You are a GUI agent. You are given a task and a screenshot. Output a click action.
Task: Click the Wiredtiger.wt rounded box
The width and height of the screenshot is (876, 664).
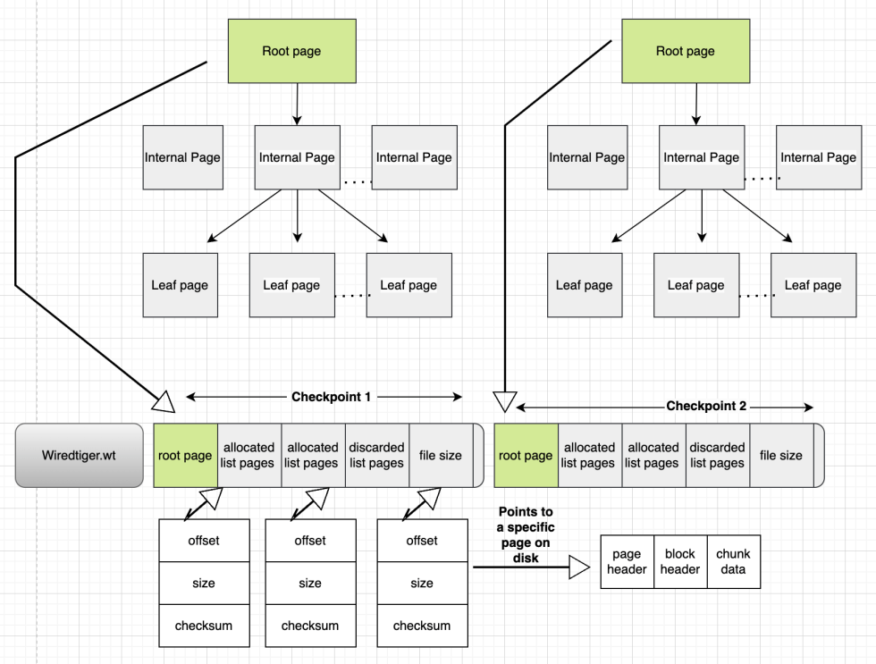[x=79, y=455]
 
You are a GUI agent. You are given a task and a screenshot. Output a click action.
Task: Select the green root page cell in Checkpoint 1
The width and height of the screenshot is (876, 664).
[x=185, y=455]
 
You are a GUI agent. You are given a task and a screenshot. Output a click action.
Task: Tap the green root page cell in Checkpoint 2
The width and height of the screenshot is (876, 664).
[x=526, y=455]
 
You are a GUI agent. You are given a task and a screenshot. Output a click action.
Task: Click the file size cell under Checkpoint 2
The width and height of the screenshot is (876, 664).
[x=780, y=455]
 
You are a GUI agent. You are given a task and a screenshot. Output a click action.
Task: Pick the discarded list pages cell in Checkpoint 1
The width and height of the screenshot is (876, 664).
[x=376, y=455]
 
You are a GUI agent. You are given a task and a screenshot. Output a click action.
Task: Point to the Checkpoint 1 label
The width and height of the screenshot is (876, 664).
[x=331, y=397]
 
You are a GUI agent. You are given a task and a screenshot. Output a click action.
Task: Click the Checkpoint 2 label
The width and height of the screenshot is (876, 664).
[x=705, y=407]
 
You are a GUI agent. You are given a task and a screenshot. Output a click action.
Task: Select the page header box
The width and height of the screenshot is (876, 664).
[x=627, y=561]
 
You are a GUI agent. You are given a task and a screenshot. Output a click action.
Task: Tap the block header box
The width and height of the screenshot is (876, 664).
[x=679, y=561]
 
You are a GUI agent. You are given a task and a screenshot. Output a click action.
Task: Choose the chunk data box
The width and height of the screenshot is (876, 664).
[x=733, y=561]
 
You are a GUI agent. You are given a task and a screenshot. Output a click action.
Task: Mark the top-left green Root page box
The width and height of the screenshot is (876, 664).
[x=291, y=51]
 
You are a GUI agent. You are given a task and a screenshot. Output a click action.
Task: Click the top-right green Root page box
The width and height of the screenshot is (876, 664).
[x=685, y=51]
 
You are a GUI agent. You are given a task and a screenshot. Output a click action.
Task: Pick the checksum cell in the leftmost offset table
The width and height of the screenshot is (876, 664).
[x=203, y=626]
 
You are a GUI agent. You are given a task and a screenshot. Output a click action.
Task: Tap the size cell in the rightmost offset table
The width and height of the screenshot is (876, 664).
[x=422, y=583]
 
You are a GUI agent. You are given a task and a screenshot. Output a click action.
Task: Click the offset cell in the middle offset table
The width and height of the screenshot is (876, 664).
[x=310, y=540]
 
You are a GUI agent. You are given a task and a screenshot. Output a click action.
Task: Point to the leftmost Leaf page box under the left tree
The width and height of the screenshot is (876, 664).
[x=180, y=285]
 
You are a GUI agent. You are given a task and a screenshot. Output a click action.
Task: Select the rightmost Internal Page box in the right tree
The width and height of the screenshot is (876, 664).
[x=817, y=157]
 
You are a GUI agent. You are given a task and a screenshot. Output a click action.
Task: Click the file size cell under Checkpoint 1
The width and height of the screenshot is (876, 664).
[x=441, y=455]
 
